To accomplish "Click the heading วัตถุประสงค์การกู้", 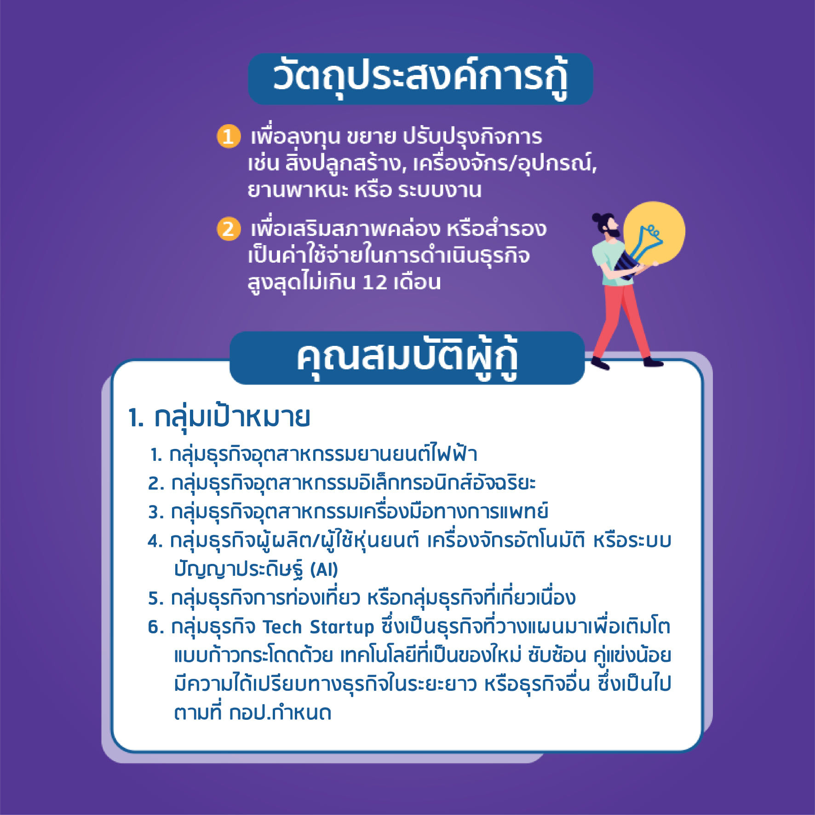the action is click(x=420, y=78).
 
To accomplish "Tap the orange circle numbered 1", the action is click(x=229, y=137).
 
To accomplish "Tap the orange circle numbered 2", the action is click(x=229, y=229).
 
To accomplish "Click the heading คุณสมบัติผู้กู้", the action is click(x=407, y=359).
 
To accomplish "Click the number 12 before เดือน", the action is click(x=375, y=282).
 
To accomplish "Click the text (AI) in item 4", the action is click(x=324, y=569).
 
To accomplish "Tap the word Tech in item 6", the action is click(x=282, y=627).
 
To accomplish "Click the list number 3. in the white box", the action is click(x=156, y=512).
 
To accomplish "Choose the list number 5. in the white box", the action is click(x=156, y=598).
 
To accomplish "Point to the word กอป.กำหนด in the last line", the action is click(x=280, y=712).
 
